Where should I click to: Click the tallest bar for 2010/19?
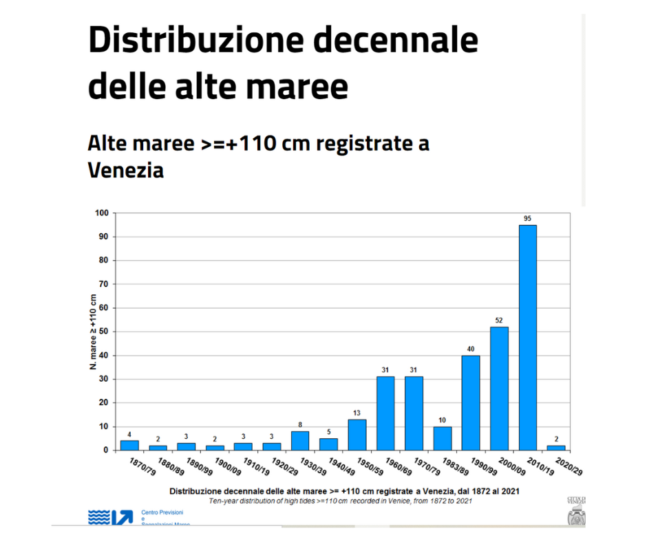coord(527,337)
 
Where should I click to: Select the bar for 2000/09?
coord(499,388)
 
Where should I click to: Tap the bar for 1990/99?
coord(471,402)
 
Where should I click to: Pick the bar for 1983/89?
coord(442,438)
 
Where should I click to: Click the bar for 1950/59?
coord(357,435)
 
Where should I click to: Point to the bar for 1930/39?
coord(300,440)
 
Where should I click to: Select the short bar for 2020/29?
coord(555,448)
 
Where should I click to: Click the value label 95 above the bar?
coord(527,219)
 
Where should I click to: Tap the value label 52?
coord(499,321)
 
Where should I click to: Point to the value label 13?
coord(357,413)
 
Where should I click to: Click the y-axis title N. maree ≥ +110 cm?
coord(93,332)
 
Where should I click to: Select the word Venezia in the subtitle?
coord(126,170)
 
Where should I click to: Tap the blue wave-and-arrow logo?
coord(110,517)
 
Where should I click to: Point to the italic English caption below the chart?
coord(341,501)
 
